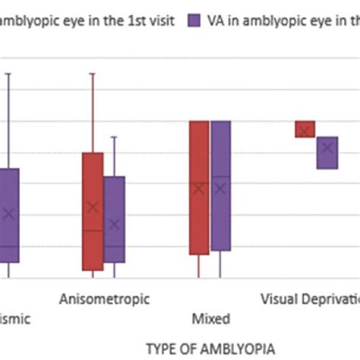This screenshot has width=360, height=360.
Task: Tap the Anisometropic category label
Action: click(105, 298)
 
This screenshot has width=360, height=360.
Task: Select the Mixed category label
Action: click(210, 319)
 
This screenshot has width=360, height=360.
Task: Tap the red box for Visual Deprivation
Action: click(305, 129)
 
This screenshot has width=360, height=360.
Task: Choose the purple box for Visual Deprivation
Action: click(327, 152)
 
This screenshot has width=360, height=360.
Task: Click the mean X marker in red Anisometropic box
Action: click(93, 207)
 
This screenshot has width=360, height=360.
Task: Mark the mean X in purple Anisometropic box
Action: click(114, 224)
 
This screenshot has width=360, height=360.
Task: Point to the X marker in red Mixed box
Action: click(199, 188)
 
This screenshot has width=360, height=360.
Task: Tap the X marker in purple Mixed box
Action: click(220, 188)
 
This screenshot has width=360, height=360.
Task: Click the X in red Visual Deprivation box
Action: click(305, 131)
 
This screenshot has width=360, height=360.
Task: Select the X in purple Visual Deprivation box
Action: click(327, 148)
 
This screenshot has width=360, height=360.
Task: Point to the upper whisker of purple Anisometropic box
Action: click(114, 156)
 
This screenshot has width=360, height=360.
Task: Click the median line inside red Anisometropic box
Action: click(93, 230)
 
